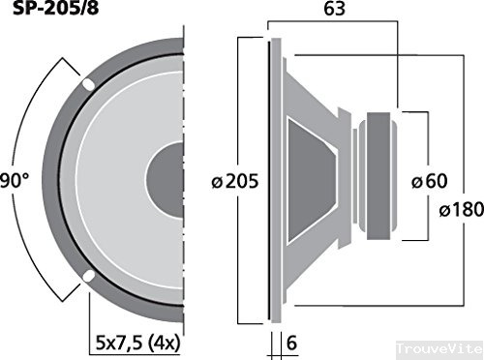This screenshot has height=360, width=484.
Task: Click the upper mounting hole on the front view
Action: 88,84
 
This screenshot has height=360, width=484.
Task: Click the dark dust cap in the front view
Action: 166,181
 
